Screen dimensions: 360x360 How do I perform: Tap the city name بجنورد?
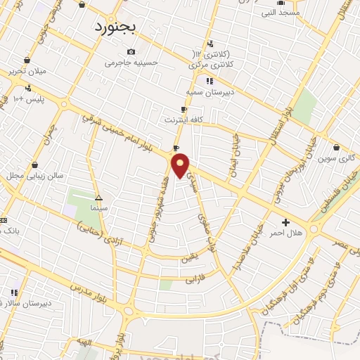coord(118,27)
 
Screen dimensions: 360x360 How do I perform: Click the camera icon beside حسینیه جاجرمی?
coord(131,51)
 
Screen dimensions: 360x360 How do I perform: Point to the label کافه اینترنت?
coord(184,120)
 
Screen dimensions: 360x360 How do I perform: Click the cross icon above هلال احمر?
coord(285,222)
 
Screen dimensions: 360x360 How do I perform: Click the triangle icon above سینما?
coord(98,198)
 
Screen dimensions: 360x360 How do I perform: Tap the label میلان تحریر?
coord(27,71)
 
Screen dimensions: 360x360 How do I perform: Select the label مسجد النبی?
coord(281,13)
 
